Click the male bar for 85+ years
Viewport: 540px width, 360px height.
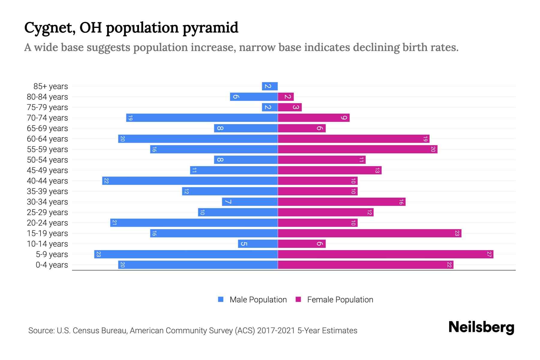pyautogui.click(x=270, y=86)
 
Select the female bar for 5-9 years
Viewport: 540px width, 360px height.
pyautogui.click(x=385, y=254)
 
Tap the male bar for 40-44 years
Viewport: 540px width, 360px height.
pyautogui.click(x=190, y=181)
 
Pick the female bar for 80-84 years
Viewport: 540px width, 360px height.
pyautogui.click(x=286, y=97)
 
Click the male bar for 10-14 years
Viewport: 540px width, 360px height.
pyautogui.click(x=258, y=244)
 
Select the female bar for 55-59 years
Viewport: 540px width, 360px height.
pyautogui.click(x=357, y=149)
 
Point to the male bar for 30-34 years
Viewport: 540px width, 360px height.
pyautogui.click(x=250, y=202)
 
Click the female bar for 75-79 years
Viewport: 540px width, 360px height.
pyautogui.click(x=289, y=107)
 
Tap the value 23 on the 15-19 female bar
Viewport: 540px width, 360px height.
pyautogui.click(x=457, y=233)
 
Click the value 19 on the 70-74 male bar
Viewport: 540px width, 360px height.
pyautogui.click(x=130, y=118)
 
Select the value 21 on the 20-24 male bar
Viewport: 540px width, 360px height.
pyautogui.click(x=114, y=223)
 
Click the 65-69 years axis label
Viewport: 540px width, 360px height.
pyautogui.click(x=47, y=128)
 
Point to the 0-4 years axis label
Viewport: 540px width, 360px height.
pyautogui.click(x=52, y=265)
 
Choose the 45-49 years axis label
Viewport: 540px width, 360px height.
pyautogui.click(x=47, y=170)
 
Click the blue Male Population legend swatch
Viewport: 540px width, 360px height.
pyautogui.click(x=221, y=299)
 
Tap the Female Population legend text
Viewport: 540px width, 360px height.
pyautogui.click(x=340, y=300)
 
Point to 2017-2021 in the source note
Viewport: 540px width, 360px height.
pyautogui.click(x=276, y=331)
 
